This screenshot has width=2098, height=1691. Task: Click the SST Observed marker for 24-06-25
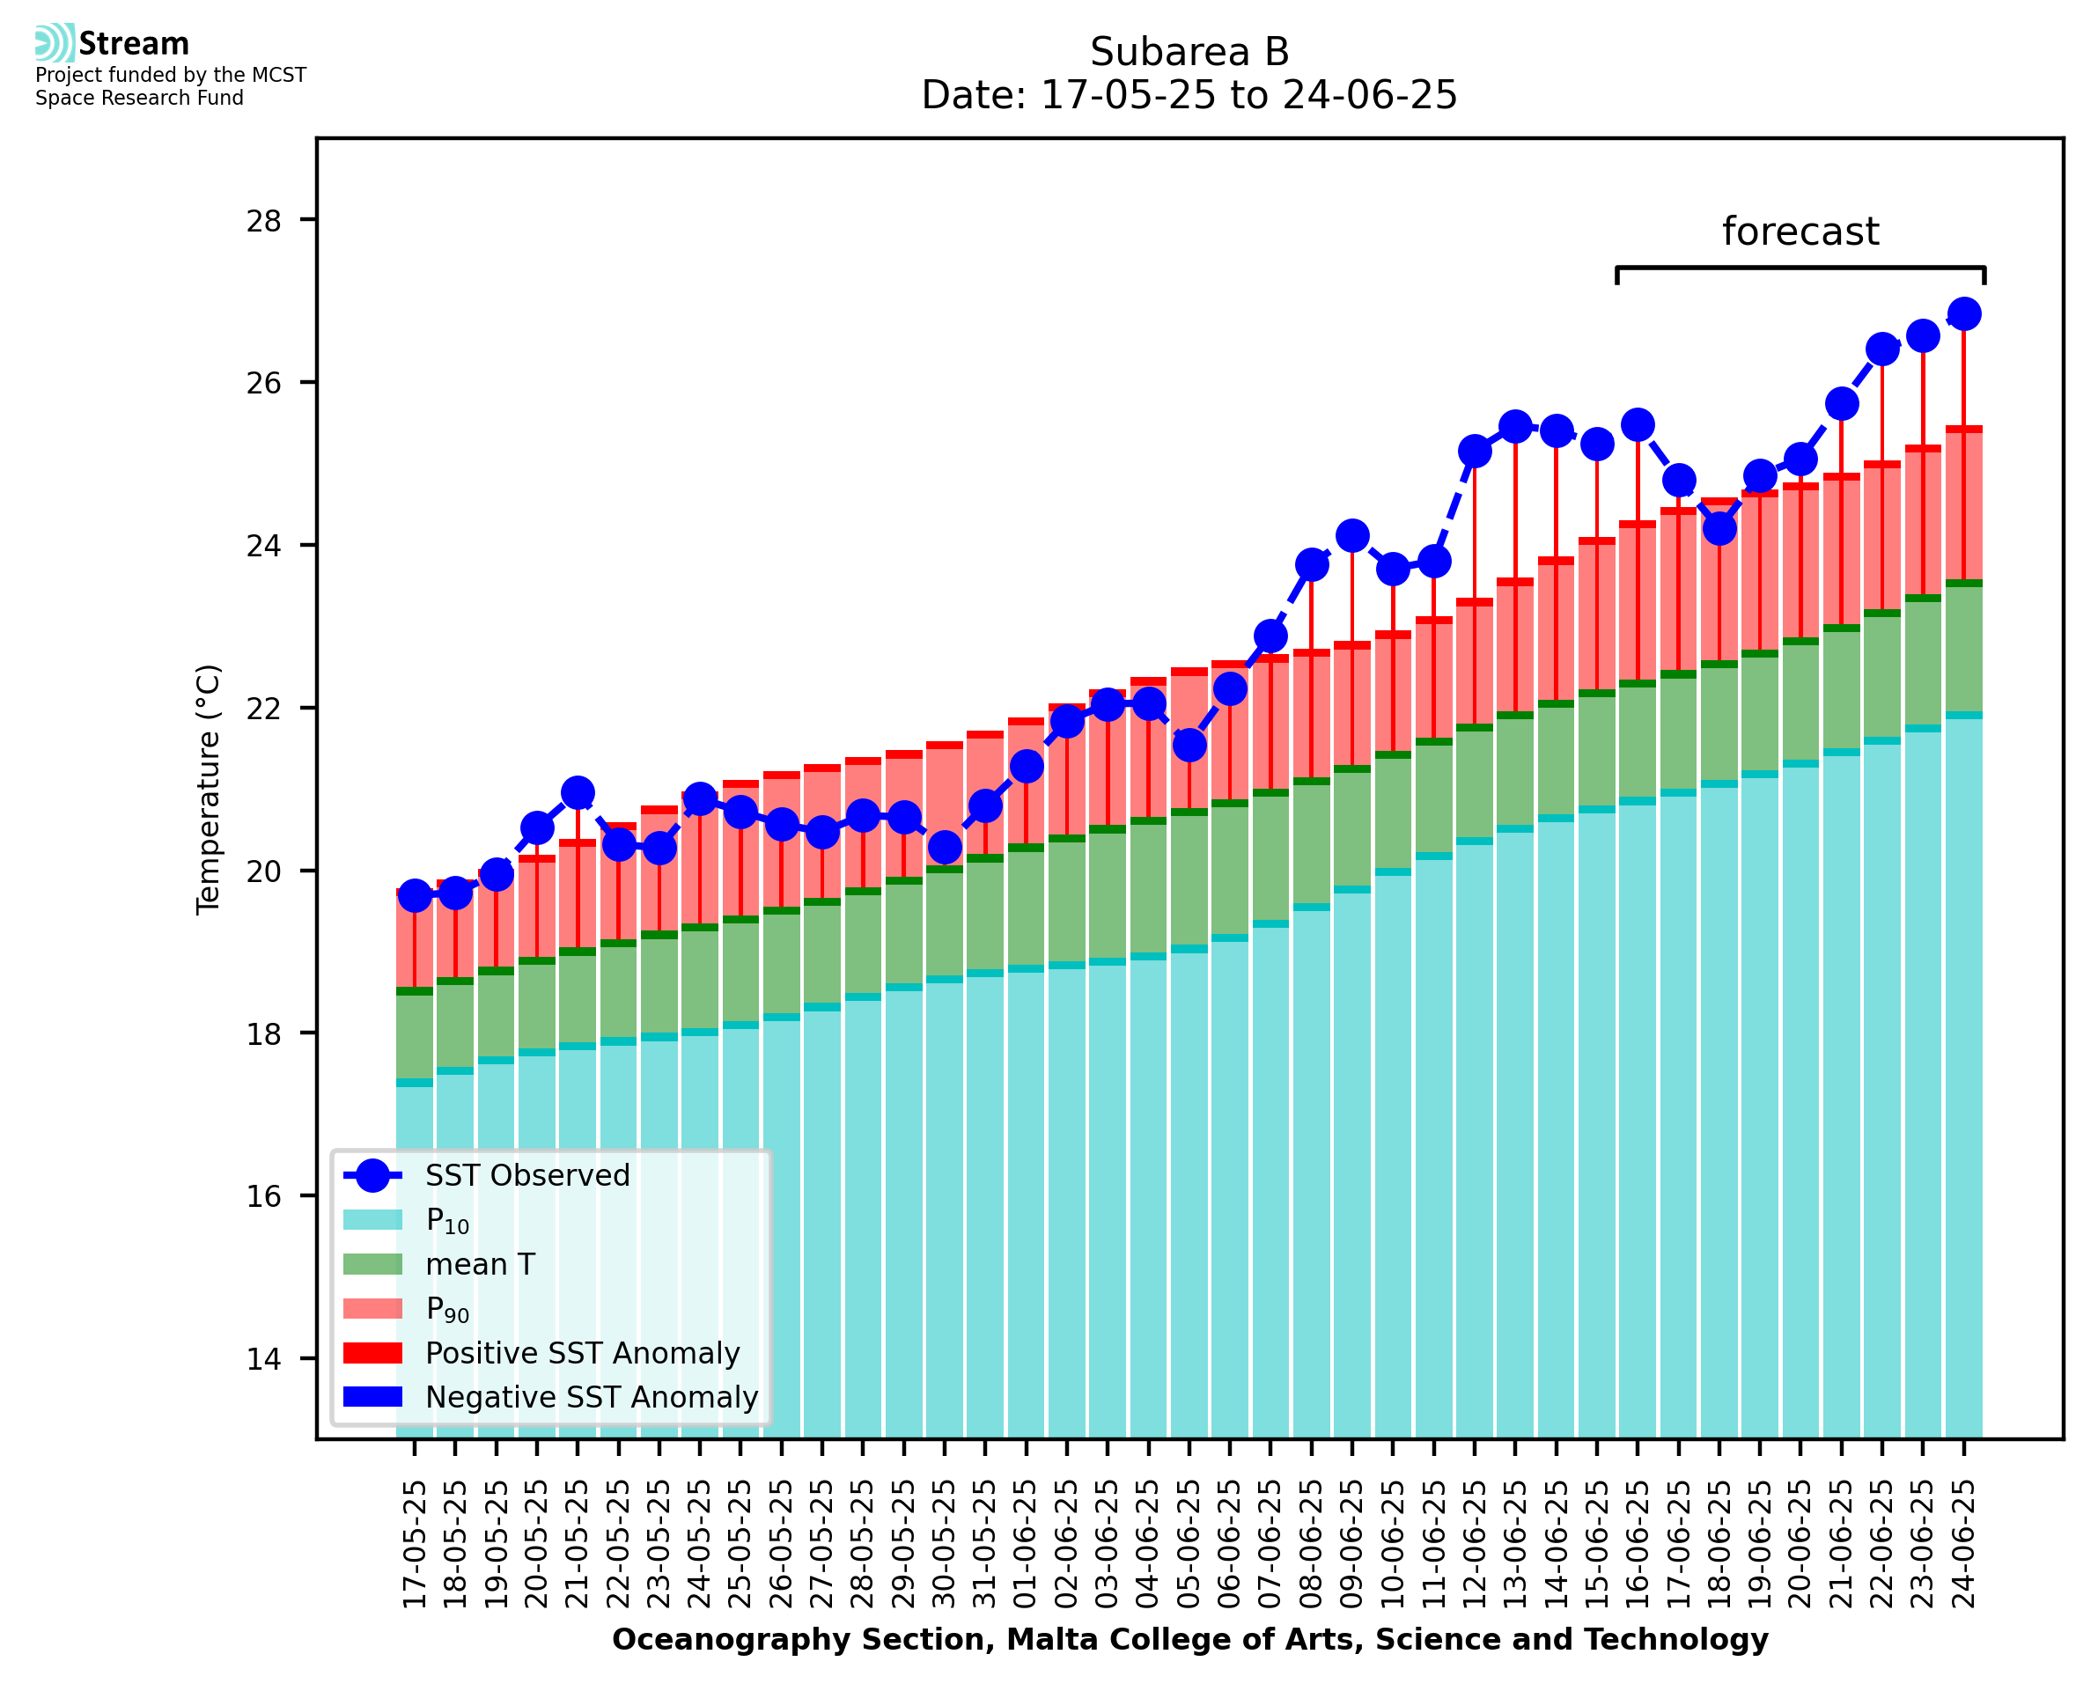(x=1962, y=314)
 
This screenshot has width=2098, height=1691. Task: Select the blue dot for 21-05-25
(x=578, y=793)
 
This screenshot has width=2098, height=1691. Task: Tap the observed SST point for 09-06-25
(x=1352, y=536)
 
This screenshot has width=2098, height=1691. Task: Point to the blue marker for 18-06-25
(x=1719, y=529)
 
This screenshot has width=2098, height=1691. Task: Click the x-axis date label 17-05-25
(x=415, y=1545)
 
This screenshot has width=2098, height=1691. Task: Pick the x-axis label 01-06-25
(x=1027, y=1545)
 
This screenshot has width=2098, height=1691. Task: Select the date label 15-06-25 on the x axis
(x=1597, y=1545)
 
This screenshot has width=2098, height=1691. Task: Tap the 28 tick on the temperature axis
(x=263, y=221)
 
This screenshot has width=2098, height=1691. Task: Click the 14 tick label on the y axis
(x=263, y=1359)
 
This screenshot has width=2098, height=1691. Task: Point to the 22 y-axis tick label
(x=263, y=708)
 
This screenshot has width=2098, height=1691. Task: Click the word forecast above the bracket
(x=1800, y=232)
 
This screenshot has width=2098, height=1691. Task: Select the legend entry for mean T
(x=479, y=1264)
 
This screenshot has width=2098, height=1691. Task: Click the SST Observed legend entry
(x=527, y=1176)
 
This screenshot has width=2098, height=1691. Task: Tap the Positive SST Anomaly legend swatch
(x=373, y=1353)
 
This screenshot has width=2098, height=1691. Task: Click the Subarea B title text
(x=1189, y=52)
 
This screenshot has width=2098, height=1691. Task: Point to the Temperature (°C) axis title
(x=209, y=790)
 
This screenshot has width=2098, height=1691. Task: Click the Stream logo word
(x=134, y=44)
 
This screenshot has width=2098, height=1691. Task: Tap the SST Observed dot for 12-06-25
(x=1475, y=452)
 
